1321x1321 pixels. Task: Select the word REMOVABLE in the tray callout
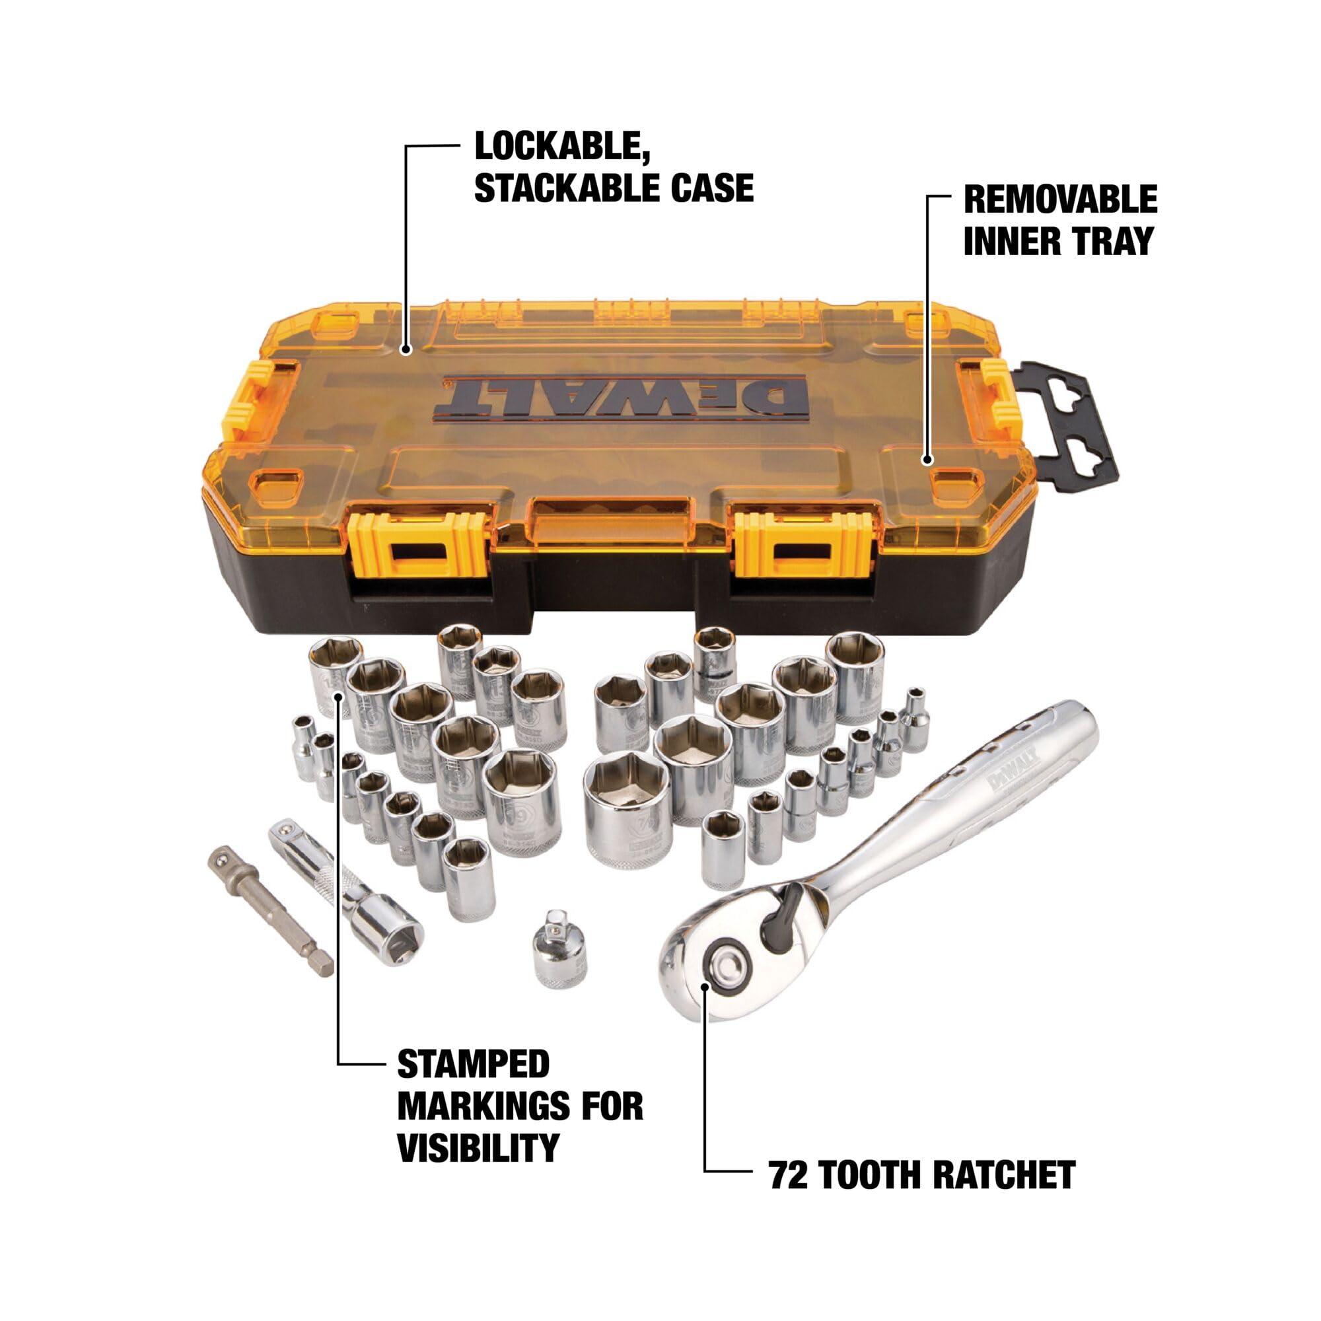(1060, 199)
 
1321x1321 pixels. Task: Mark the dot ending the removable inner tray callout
(927, 460)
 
